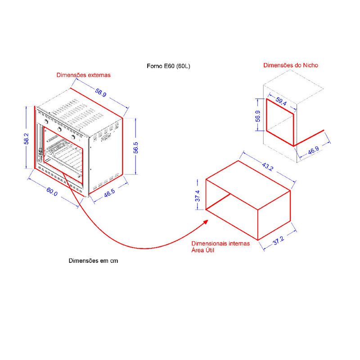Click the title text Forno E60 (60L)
pos(168,66)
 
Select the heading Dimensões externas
pos(83,75)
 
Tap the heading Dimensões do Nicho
pos(290,65)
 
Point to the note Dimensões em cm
pos(93,261)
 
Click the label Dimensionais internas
pos(220,243)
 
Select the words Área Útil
pos(202,250)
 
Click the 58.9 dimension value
pos(101,93)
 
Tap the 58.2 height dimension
pos(27,139)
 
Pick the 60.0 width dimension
pos(52,192)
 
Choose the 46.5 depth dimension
pos(109,193)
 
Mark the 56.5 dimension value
pos(136,148)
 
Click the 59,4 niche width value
pos(281,102)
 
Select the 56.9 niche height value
pos(258,116)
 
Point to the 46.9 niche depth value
pos(313,151)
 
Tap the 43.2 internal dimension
pos(267,166)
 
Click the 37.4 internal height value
pos(198,196)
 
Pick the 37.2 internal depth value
pos(279,241)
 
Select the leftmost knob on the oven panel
pos(47,121)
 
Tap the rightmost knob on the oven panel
pos(73,137)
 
